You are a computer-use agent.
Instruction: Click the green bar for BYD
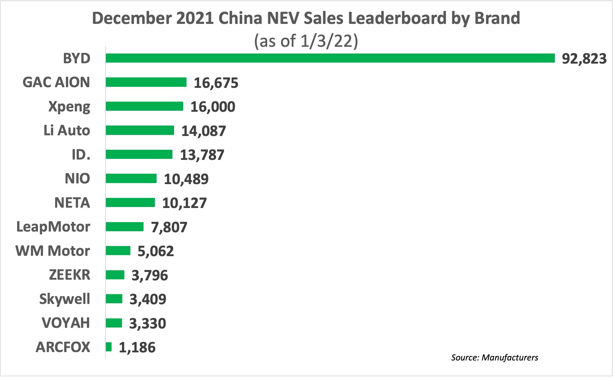[x=330, y=58]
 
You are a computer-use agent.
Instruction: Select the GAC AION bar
[x=146, y=82]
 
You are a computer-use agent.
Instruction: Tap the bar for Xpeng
[x=144, y=106]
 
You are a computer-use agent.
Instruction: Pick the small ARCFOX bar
[x=109, y=347]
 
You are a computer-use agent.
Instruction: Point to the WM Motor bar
[x=118, y=251]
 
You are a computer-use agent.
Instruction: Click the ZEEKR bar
[x=115, y=275]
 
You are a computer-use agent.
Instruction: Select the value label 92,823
[x=584, y=59]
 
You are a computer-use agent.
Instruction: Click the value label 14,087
[x=204, y=131]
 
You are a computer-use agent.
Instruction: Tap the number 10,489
[x=186, y=179]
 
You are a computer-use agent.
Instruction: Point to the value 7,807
[x=169, y=227]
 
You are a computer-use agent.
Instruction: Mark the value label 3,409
[x=148, y=299]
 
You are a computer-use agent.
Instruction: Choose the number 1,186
[x=137, y=347]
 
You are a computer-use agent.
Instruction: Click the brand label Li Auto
[x=67, y=131]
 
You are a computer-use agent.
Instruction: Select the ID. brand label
[x=81, y=155]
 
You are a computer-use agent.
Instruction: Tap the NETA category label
[x=72, y=203]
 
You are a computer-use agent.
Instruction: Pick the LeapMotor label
[x=53, y=227]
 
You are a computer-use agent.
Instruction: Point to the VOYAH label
[x=66, y=323]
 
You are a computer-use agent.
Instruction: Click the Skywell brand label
[x=65, y=299]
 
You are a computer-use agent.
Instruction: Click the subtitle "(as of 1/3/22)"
[x=306, y=41]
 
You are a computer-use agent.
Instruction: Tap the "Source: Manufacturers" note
[x=494, y=357]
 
